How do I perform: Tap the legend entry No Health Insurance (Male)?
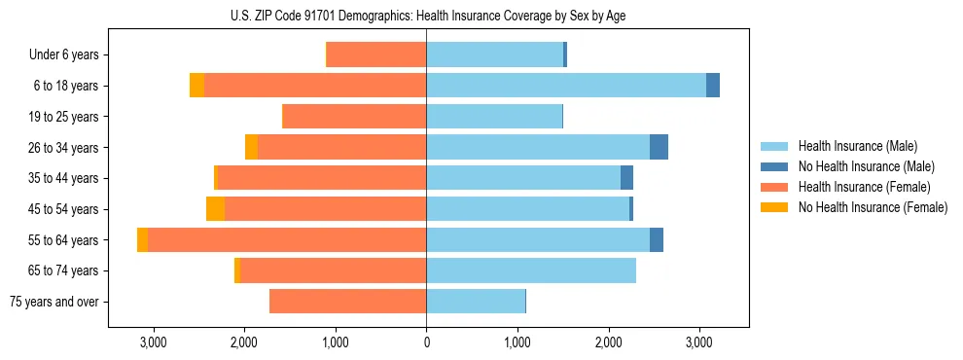(x=866, y=166)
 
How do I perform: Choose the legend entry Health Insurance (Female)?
(x=864, y=187)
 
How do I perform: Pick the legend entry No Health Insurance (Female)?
(x=873, y=207)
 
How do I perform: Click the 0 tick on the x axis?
(x=426, y=342)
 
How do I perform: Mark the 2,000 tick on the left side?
(x=244, y=342)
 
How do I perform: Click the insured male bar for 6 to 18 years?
(x=566, y=86)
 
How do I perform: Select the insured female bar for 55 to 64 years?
(x=287, y=239)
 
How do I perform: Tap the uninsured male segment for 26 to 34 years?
(x=659, y=147)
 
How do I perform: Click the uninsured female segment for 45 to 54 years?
(x=215, y=209)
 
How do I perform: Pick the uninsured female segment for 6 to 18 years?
(x=196, y=86)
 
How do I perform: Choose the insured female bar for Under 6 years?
(x=376, y=55)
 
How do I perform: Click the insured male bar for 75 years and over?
(x=476, y=302)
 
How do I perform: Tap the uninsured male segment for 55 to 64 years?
(x=657, y=239)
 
